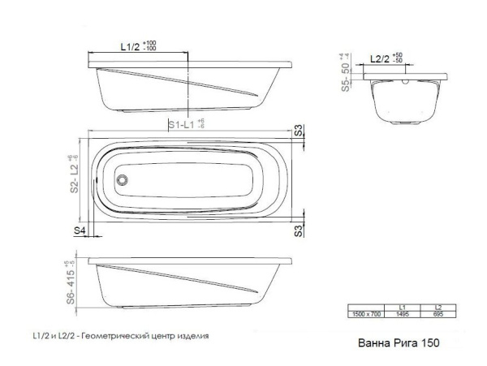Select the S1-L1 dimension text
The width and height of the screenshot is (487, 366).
184,124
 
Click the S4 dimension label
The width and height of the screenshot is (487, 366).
80,230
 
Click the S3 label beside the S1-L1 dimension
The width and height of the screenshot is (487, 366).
299,130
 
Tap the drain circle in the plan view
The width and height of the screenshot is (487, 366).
123,179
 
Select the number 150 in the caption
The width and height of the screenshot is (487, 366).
430,342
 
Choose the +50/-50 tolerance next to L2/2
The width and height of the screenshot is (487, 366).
398,58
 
